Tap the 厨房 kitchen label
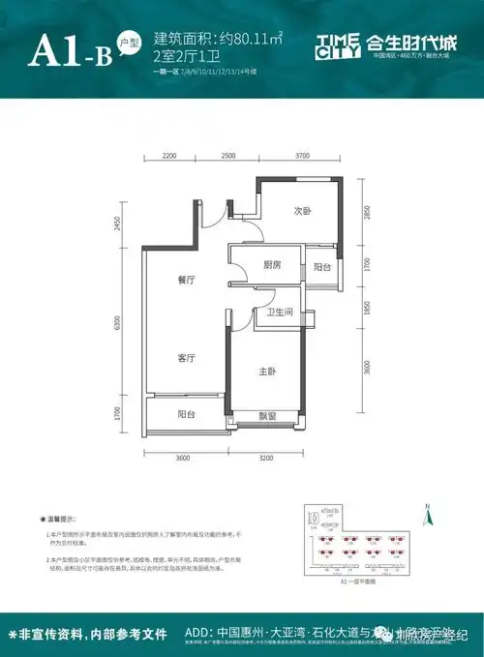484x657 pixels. (271, 265)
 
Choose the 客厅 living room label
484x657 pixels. (187, 358)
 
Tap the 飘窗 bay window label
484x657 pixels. (268, 416)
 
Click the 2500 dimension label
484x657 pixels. (228, 156)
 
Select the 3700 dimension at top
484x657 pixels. (302, 156)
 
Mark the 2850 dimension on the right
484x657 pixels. (367, 214)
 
